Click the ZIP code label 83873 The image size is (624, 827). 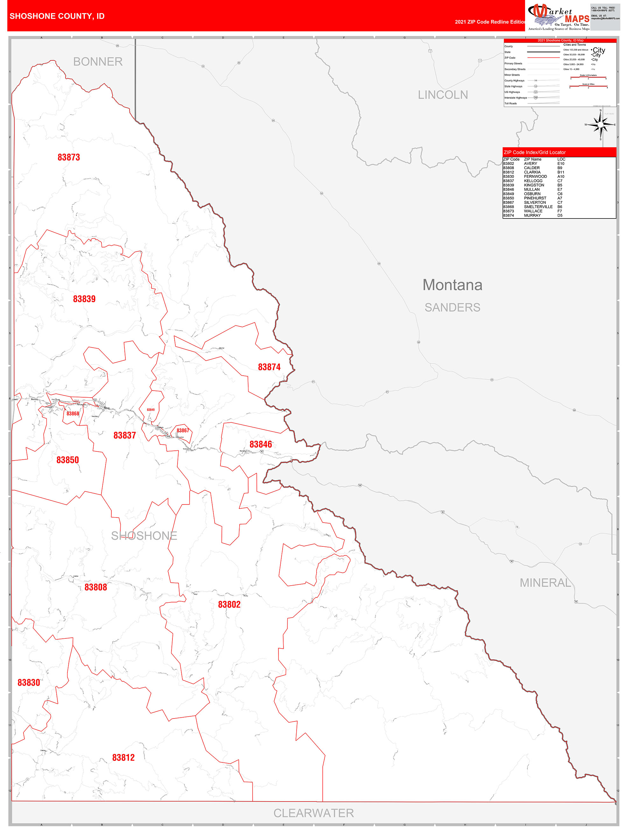[69, 157]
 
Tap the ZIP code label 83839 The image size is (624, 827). [84, 299]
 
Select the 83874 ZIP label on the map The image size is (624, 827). [269, 367]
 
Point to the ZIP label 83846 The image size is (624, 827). [260, 444]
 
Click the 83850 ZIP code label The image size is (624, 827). [68, 460]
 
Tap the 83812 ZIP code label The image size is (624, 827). [123, 757]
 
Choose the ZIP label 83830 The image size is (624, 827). [29, 683]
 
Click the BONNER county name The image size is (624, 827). [98, 62]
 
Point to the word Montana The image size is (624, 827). [452, 285]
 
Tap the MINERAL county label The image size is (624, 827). [545, 583]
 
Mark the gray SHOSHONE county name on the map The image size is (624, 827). [144, 536]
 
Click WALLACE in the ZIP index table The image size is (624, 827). [533, 211]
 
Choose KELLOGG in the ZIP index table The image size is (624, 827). [533, 181]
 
